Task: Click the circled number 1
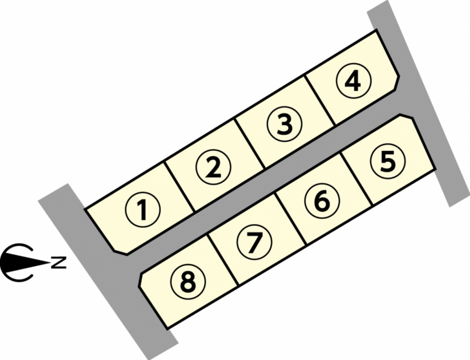pyautogui.click(x=142, y=210)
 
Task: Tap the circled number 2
pyautogui.click(x=213, y=167)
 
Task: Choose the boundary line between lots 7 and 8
pyautogui.click(x=223, y=259)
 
